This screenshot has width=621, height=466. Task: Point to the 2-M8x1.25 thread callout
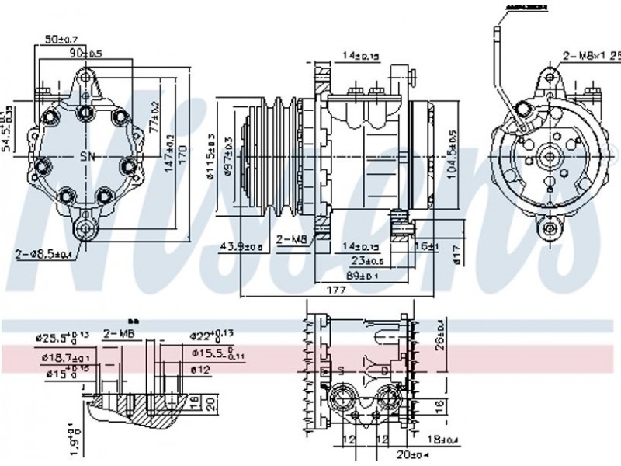click(591, 55)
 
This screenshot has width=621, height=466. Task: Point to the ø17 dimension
click(456, 253)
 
